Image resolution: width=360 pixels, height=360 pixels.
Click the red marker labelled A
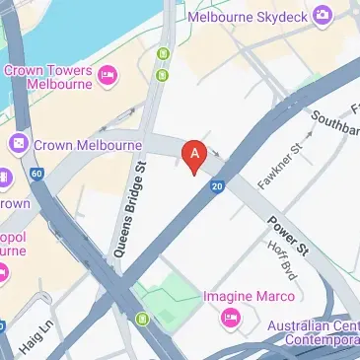click(x=195, y=155)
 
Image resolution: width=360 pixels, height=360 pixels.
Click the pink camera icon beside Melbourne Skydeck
click(x=323, y=15)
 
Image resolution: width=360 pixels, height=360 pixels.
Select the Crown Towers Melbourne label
click(x=48, y=76)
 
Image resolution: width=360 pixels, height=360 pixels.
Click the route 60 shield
click(x=36, y=175)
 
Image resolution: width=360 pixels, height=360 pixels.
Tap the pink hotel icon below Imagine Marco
click(x=232, y=317)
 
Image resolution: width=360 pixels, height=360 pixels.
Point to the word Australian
click(x=312, y=324)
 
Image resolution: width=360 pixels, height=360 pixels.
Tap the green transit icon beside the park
click(x=144, y=319)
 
